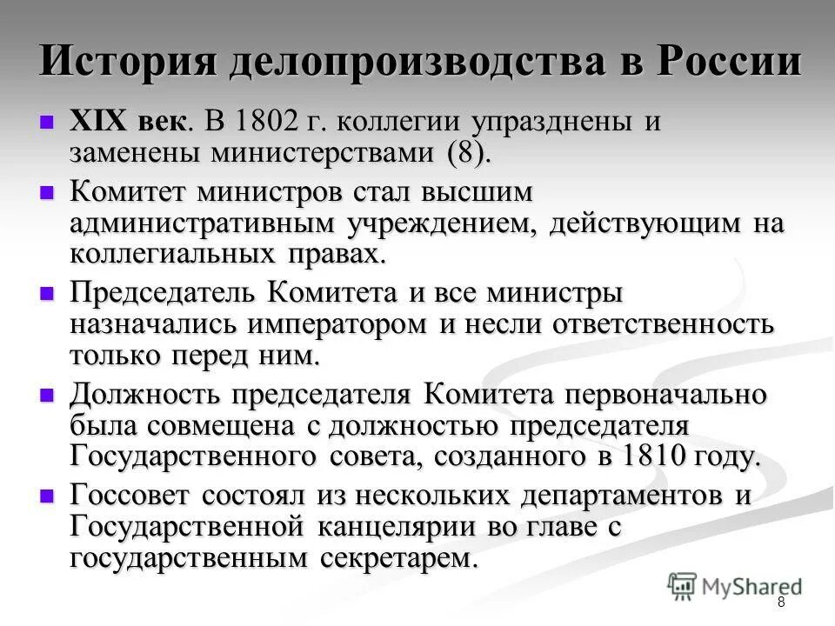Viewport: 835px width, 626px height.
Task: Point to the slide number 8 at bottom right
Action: click(780, 603)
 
